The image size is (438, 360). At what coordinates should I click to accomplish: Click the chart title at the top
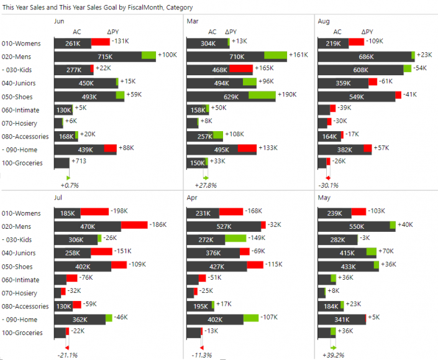pyautogui.click(x=98, y=7)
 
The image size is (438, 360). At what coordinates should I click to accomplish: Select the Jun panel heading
pyautogui.click(x=59, y=21)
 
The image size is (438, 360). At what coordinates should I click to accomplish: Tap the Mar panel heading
pyautogui.click(x=192, y=21)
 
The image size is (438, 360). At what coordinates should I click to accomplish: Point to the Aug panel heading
pyautogui.click(x=324, y=21)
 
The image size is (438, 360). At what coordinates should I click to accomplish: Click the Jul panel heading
pyautogui.click(x=58, y=197)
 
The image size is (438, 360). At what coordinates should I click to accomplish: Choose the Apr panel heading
pyautogui.click(x=191, y=197)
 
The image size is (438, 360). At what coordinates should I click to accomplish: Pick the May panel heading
pyautogui.click(x=324, y=197)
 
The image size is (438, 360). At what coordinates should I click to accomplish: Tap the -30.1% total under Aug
pyautogui.click(x=328, y=185)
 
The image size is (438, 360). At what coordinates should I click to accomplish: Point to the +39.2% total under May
pyautogui.click(x=333, y=356)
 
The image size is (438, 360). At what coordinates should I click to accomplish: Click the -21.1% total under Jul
pyautogui.click(x=66, y=356)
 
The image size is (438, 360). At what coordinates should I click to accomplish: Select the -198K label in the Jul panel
pyautogui.click(x=119, y=212)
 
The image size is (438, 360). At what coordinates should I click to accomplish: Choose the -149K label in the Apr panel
pyautogui.click(x=274, y=239)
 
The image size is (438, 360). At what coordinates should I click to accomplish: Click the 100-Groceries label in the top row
pyautogui.click(x=22, y=163)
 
